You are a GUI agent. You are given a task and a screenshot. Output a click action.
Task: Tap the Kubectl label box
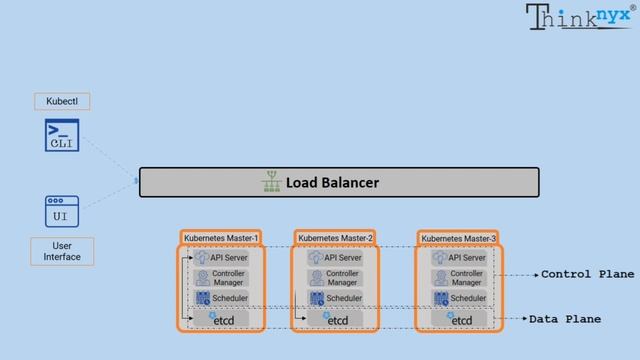click(x=62, y=101)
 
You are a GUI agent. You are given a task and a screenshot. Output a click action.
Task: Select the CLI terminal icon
click(x=62, y=136)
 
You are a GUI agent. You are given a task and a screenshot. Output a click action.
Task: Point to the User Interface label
click(x=62, y=251)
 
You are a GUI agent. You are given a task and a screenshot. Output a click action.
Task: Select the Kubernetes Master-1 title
click(x=222, y=238)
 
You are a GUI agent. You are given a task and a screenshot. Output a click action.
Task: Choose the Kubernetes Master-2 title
click(x=335, y=238)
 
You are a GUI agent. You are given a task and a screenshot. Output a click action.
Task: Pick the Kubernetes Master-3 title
click(x=459, y=238)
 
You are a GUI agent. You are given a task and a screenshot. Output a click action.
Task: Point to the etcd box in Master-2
click(x=337, y=319)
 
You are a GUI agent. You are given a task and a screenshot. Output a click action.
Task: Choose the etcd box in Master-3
click(x=460, y=319)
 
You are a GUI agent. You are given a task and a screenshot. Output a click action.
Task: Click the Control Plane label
click(x=587, y=274)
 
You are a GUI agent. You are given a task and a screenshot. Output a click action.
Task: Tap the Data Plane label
click(x=565, y=319)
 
